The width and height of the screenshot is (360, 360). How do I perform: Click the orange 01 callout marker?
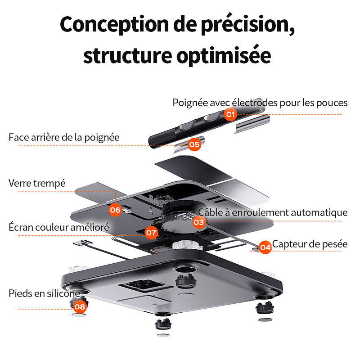point(230,114)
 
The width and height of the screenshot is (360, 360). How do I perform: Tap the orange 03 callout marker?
point(199,222)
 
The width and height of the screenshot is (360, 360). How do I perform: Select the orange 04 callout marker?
point(265,247)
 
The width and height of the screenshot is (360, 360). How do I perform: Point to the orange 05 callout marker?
point(194,144)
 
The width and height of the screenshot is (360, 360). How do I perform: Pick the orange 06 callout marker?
point(115,210)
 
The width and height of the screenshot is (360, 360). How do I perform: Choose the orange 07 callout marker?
point(152,233)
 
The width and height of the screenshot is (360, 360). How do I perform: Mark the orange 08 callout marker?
point(80,307)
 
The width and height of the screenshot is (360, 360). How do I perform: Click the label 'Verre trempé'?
point(37,184)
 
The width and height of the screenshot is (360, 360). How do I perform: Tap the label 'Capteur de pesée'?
point(310,244)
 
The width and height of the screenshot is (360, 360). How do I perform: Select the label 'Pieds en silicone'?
point(45,293)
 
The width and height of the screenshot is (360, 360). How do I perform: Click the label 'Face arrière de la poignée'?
point(64,138)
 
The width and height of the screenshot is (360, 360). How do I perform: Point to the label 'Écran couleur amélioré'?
point(59,227)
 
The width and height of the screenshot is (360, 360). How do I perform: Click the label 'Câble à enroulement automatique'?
point(273,212)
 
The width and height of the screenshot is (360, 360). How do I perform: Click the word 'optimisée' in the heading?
point(224,56)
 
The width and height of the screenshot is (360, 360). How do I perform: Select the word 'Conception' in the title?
point(114,25)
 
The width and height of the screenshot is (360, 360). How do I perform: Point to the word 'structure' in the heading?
point(128,56)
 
